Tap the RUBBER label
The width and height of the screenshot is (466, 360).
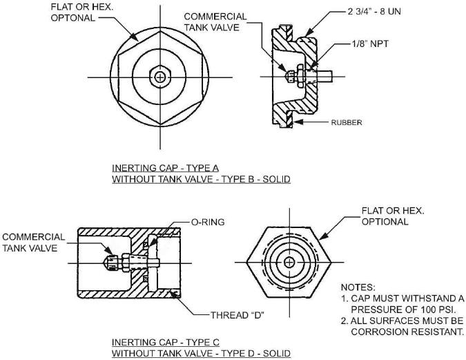click(x=347, y=122)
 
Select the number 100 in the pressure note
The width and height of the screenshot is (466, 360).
click(x=416, y=309)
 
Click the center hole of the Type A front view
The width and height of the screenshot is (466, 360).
click(x=160, y=77)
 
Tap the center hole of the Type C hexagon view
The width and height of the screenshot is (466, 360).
click(x=289, y=261)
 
